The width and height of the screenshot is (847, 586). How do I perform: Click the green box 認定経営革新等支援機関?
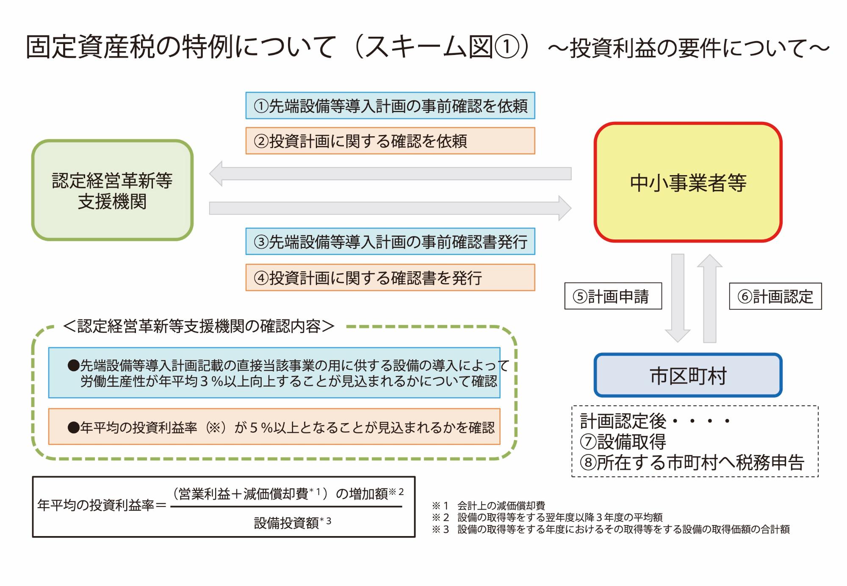112,190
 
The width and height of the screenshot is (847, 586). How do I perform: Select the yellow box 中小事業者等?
688,182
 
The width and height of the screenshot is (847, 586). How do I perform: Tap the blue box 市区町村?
688,375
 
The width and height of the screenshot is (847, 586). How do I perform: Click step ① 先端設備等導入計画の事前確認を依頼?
390,105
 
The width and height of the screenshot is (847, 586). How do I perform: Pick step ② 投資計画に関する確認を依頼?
390,140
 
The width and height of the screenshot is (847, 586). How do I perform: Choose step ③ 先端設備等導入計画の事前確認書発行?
390,242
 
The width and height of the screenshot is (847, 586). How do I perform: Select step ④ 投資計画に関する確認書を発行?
390,278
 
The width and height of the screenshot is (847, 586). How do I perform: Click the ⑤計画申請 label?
613,296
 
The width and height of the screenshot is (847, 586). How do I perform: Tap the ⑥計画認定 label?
775,296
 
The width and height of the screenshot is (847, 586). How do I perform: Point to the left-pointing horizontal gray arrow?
390,173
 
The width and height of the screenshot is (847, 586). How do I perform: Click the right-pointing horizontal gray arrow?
390,208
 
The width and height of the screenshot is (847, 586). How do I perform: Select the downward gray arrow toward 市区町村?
678,298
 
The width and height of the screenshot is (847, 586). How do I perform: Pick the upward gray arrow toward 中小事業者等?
710,298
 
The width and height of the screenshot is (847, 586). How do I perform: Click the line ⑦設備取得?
623,442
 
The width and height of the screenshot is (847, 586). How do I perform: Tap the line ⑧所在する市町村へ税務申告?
692,462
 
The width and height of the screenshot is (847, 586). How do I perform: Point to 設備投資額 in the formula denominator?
286,523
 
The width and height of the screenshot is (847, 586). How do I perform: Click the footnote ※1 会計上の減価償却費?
488,506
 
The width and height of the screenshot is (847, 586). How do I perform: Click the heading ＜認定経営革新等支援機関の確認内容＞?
199,326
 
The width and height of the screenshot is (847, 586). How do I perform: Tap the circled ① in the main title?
507,47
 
